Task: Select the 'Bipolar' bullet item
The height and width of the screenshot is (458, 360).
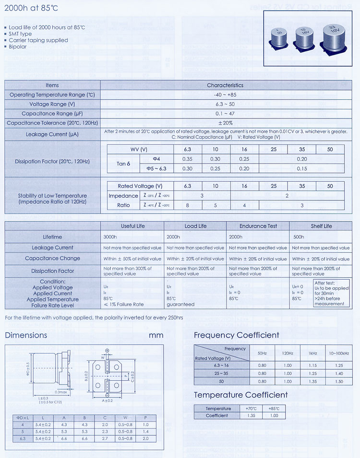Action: click(18, 47)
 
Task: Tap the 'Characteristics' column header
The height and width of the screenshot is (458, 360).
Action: click(225, 85)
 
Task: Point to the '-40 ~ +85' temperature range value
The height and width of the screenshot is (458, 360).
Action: click(225, 95)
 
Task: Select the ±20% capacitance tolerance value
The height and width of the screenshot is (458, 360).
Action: click(225, 123)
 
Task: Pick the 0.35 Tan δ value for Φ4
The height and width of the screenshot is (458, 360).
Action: click(187, 159)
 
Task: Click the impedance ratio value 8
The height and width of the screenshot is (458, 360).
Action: click(187, 205)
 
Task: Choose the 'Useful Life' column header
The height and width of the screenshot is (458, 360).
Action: click(132, 226)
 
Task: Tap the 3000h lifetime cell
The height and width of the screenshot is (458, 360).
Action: click(110, 237)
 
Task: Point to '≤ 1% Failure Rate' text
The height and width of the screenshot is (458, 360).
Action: click(123, 305)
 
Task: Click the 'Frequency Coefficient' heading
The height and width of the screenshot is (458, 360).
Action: click(236, 335)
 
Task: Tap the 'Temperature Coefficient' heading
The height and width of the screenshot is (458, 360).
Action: click(240, 395)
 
